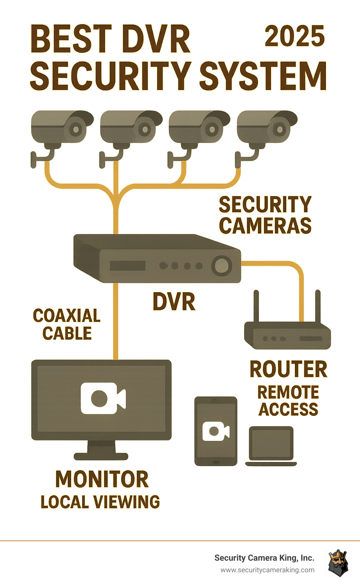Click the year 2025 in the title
295,36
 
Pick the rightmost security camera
267,128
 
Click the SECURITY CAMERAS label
265,215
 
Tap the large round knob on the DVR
221,265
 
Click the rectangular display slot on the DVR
127,266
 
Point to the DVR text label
174,302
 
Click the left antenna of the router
256,306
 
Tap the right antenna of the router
317,306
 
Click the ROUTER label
288,369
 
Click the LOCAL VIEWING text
100,502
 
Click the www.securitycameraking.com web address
268,570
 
